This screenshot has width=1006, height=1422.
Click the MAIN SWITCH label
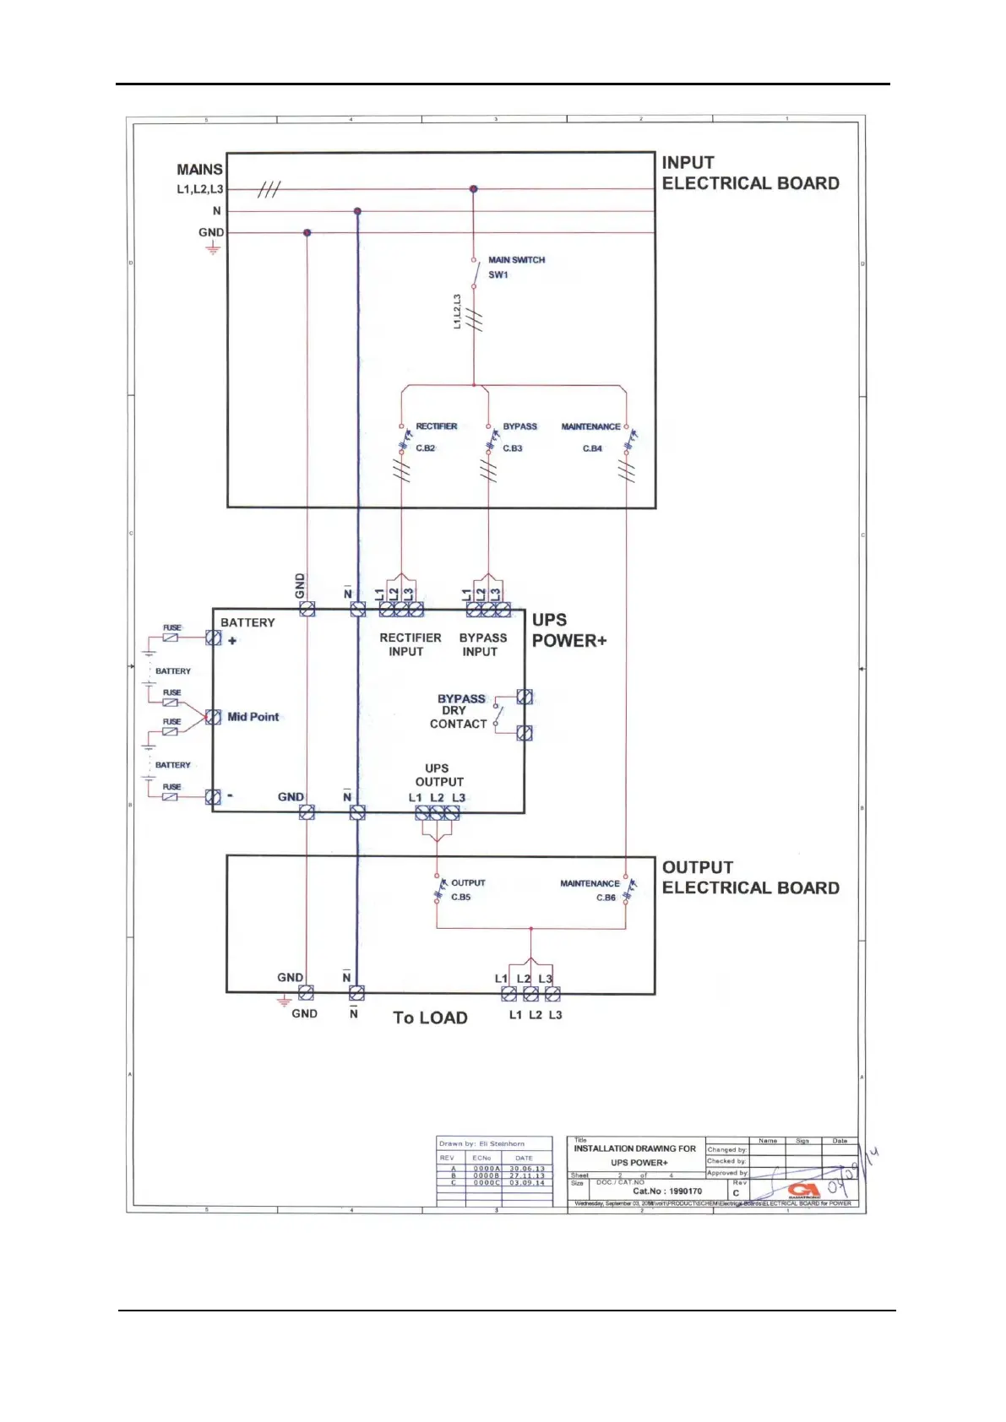(516, 260)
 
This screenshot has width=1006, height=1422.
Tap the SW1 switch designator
(498, 275)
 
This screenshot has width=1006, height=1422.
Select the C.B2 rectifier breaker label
(426, 448)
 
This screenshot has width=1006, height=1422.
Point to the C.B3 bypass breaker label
(513, 448)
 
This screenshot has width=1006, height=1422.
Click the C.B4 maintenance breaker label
(592, 448)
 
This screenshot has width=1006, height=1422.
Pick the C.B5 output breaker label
(460, 897)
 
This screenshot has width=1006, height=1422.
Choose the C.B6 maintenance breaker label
(606, 898)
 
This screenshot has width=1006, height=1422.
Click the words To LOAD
(430, 1018)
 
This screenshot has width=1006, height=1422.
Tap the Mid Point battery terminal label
(253, 717)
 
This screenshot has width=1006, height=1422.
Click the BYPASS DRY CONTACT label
(459, 711)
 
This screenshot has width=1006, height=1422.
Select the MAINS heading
(199, 170)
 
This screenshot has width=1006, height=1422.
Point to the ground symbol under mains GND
(213, 248)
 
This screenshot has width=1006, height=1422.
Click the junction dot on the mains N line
(358, 211)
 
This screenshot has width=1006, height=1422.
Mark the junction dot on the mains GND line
(307, 232)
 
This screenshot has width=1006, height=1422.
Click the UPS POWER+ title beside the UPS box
(568, 630)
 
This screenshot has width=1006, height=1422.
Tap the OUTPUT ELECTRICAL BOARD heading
(750, 877)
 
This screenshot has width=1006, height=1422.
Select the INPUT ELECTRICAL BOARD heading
(750, 173)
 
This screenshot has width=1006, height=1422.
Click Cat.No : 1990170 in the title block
(667, 1191)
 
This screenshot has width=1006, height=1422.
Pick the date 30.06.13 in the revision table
(527, 1169)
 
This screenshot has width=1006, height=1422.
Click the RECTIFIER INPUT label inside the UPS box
(410, 644)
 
